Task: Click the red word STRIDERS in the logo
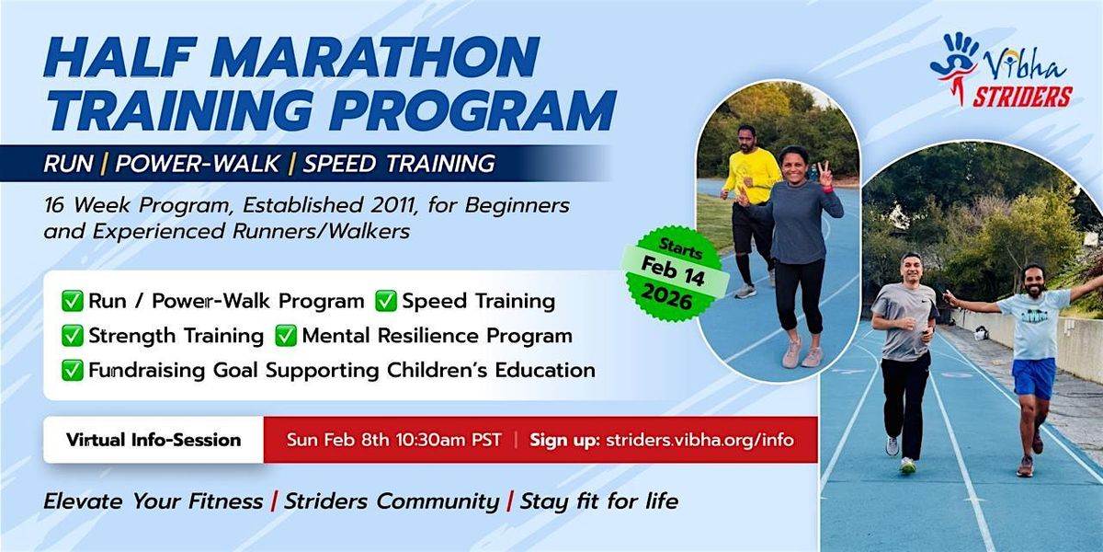[1022, 97]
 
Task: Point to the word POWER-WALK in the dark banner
[197, 164]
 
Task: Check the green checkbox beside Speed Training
[385, 301]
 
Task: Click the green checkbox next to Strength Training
[72, 336]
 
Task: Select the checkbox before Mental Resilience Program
[286, 336]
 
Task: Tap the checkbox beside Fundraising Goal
[72, 371]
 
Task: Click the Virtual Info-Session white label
[154, 440]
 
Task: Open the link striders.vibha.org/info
[699, 440]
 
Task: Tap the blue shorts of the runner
[1033, 378]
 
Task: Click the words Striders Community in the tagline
[392, 501]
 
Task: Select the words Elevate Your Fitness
[154, 501]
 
